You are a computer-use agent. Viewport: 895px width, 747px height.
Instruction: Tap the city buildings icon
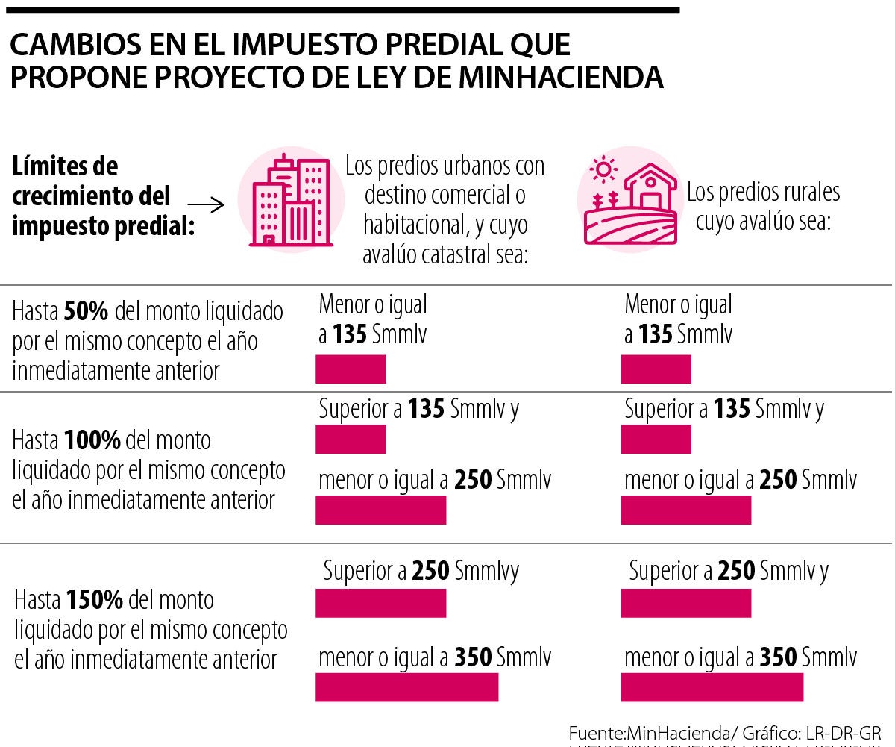coord(291,200)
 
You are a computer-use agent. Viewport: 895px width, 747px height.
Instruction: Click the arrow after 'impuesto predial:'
coord(207,206)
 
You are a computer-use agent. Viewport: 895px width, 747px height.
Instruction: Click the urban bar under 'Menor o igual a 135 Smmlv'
coord(351,369)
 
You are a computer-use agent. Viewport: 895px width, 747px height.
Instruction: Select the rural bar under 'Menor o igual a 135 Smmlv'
coord(656,369)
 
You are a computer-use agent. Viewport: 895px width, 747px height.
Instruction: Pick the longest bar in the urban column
coord(406,687)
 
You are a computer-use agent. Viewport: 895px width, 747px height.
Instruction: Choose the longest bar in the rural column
coord(712,687)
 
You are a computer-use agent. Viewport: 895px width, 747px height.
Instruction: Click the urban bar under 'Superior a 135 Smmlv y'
coord(351,440)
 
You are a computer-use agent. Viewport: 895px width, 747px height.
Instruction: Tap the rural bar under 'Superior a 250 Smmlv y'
coord(685,603)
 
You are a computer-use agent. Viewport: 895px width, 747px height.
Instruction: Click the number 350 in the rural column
coord(778,657)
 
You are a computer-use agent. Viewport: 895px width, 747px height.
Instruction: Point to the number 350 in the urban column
coord(473,657)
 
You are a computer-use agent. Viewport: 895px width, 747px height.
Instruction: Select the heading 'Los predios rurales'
coord(763,192)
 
